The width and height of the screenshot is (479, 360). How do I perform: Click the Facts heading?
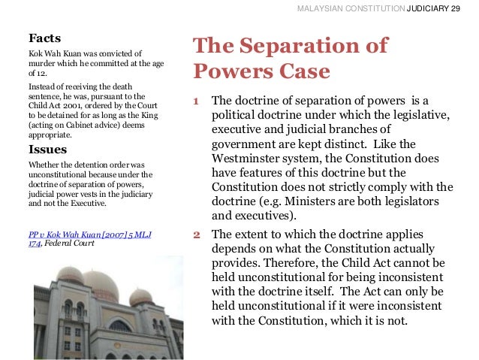44,37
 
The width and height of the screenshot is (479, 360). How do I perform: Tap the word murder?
43,65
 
